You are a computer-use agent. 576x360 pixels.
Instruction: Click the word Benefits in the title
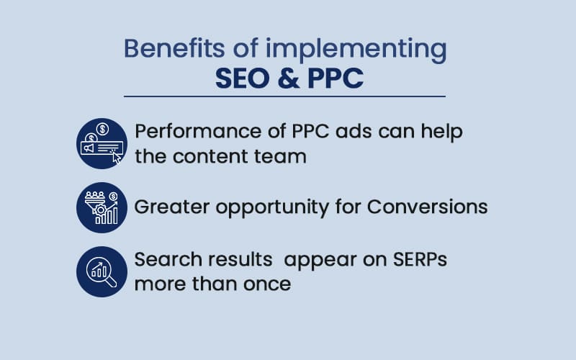pyautogui.click(x=174, y=48)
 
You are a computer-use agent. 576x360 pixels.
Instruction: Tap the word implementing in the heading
pyautogui.click(x=356, y=50)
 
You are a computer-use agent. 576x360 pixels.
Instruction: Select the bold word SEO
pyautogui.click(x=242, y=78)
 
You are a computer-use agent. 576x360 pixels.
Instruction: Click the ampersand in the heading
pyautogui.click(x=289, y=78)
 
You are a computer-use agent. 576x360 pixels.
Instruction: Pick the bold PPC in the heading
pyautogui.click(x=336, y=78)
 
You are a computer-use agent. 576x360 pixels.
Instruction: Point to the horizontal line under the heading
pyautogui.click(x=284, y=96)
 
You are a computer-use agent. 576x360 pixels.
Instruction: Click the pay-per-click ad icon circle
pyautogui.click(x=102, y=143)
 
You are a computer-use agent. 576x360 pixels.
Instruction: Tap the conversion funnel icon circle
pyautogui.click(x=102, y=207)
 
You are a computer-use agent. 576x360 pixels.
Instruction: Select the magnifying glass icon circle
pyautogui.click(x=102, y=272)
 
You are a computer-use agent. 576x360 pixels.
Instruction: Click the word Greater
pyautogui.click(x=172, y=207)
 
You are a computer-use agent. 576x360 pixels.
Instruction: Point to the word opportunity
pyautogui.click(x=272, y=208)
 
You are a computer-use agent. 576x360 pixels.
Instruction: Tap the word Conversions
pyautogui.click(x=427, y=207)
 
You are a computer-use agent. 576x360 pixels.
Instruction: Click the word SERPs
pyautogui.click(x=420, y=260)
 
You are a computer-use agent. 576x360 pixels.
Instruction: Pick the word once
pyautogui.click(x=267, y=284)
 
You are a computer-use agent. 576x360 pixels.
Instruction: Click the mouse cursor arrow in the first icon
pyautogui.click(x=117, y=157)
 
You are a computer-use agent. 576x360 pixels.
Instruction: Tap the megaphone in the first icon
pyautogui.click(x=89, y=148)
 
